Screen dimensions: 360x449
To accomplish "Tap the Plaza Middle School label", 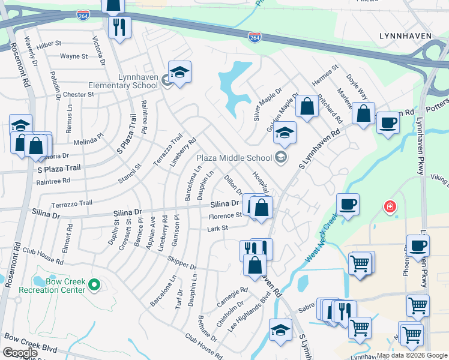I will [235, 158].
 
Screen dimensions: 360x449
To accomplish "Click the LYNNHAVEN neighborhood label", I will [405, 36].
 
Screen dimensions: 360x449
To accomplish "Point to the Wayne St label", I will [74, 56].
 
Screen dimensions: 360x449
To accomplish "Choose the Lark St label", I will [218, 228].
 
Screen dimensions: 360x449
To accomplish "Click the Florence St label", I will [225, 216].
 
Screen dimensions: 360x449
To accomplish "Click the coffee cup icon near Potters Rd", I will [388, 123].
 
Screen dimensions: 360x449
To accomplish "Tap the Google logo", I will [20, 353].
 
